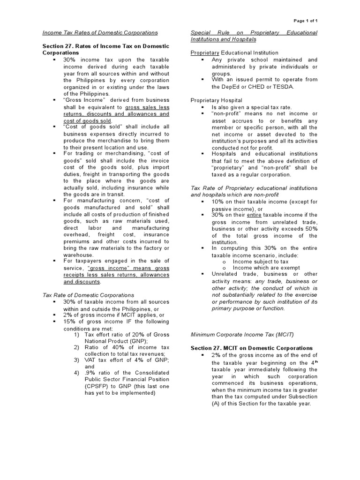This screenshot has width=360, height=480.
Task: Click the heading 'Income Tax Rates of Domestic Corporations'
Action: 100,33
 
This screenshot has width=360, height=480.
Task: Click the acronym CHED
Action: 271,87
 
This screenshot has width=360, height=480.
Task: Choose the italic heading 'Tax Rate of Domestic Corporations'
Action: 88,295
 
